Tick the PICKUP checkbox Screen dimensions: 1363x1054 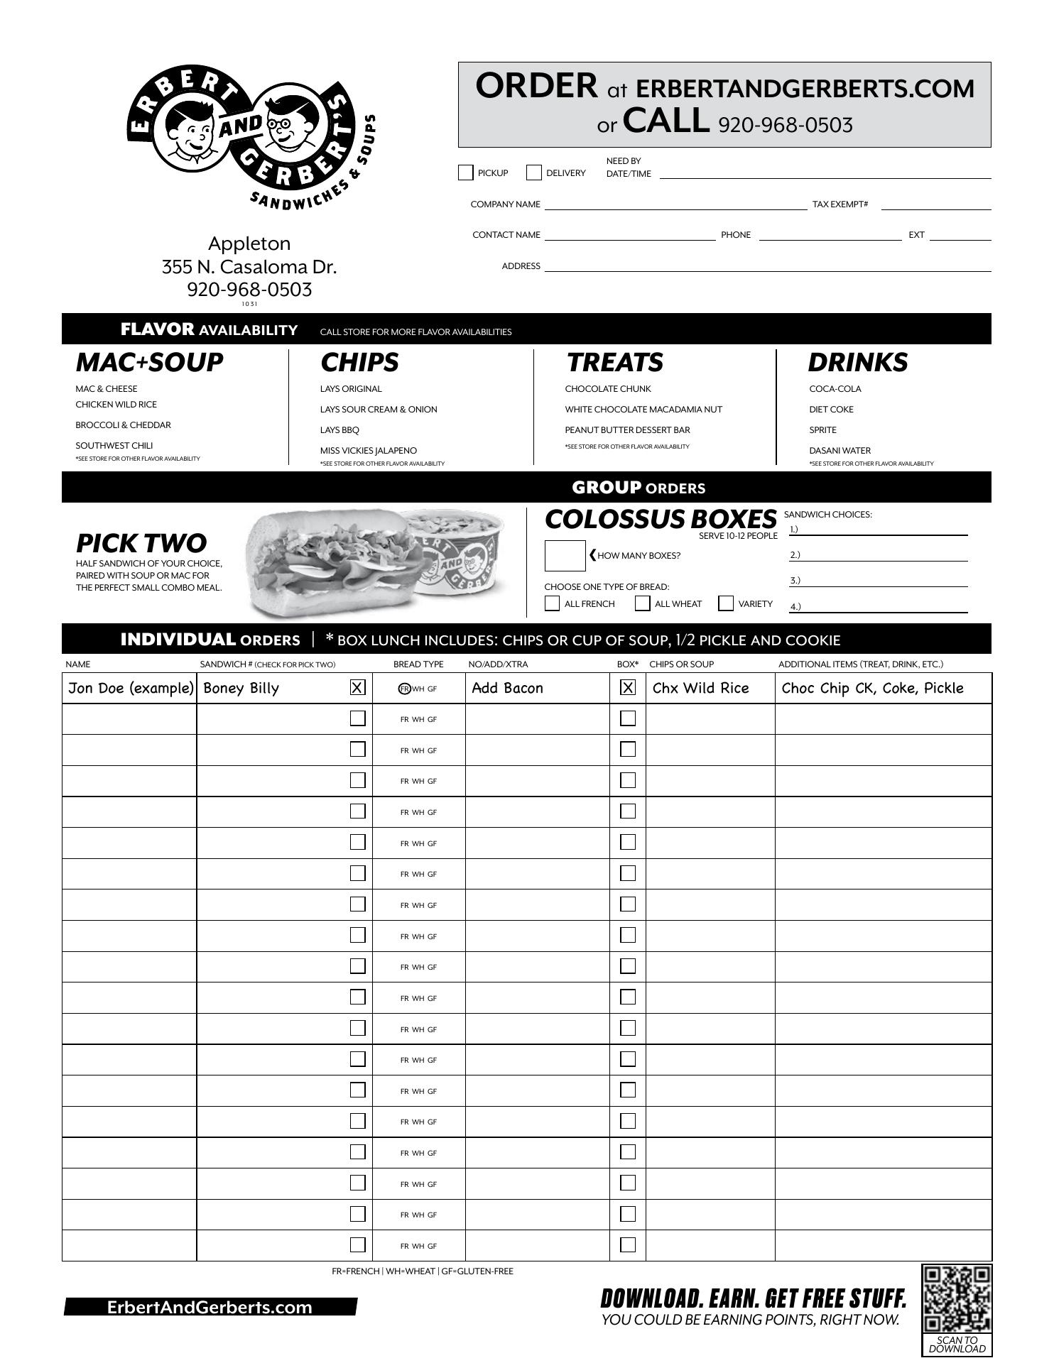(466, 173)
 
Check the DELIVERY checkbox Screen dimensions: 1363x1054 (534, 173)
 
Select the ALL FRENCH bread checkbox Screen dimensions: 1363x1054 (552, 603)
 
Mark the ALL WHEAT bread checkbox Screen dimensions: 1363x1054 (642, 603)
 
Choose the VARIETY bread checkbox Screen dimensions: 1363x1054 (726, 603)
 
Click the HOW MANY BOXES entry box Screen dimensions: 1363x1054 (565, 556)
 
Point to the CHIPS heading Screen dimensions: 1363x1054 (359, 363)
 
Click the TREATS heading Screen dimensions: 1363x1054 (614, 363)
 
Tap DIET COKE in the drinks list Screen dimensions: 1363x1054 (831, 410)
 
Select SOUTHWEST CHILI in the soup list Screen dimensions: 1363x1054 (114, 446)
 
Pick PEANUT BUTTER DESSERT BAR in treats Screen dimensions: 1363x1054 (627, 430)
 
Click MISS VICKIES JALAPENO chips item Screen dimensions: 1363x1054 (368, 451)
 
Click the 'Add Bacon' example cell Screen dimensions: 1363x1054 (507, 688)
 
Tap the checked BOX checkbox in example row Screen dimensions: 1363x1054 (628, 687)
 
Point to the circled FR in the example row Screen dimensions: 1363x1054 (404, 689)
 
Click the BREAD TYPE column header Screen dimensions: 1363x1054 (418, 664)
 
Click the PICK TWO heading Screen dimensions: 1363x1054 (141, 543)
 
